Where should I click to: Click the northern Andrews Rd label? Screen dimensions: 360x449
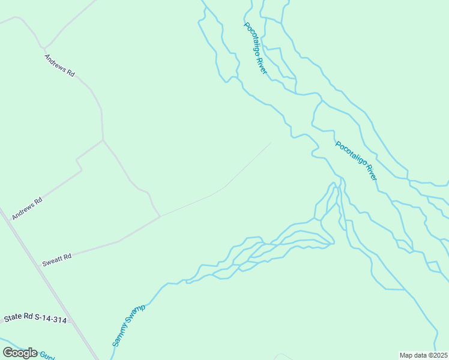[x=59, y=65]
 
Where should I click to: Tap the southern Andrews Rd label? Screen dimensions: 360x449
[x=28, y=208]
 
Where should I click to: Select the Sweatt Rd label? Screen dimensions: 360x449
[x=57, y=260]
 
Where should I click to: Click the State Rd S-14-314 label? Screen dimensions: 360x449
[x=35, y=319]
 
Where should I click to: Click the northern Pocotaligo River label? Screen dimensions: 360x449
[x=255, y=48]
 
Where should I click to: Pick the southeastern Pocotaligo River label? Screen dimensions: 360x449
[x=357, y=161]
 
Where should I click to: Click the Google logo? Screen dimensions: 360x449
[x=20, y=353]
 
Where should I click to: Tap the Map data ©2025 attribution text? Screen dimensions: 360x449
[x=423, y=355]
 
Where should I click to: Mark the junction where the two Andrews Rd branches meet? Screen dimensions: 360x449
[x=103, y=140]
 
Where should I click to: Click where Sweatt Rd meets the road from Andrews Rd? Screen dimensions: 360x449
[x=160, y=217]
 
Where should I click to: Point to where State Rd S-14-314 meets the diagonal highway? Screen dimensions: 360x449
[x=70, y=320]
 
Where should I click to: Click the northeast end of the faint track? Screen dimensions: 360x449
[x=271, y=142]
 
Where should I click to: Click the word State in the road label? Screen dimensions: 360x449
[x=12, y=317]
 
